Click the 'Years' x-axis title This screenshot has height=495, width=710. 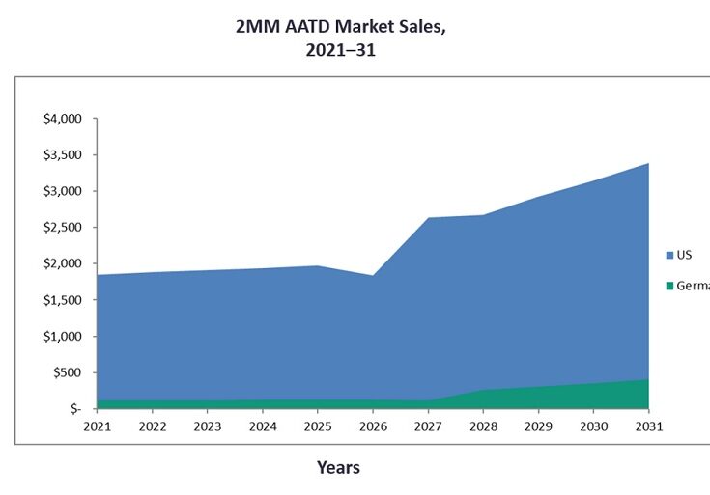point(338,468)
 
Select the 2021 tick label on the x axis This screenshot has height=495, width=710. point(97,426)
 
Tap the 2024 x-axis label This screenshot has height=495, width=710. point(262,426)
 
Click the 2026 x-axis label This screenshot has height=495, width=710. point(372,426)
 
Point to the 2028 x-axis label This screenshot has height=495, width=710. point(482,426)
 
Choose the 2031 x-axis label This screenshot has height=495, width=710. point(647,426)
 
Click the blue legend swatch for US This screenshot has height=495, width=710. point(669,256)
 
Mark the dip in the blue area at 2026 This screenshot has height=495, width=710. point(372,277)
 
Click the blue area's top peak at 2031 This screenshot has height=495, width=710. point(647,164)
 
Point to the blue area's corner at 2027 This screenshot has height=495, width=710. point(427,219)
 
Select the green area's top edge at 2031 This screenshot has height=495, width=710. point(647,380)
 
